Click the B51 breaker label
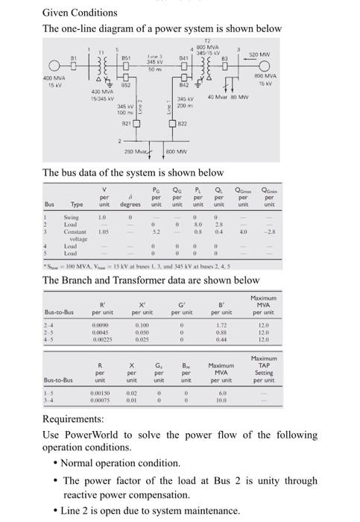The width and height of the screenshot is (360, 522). tap(127, 57)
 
